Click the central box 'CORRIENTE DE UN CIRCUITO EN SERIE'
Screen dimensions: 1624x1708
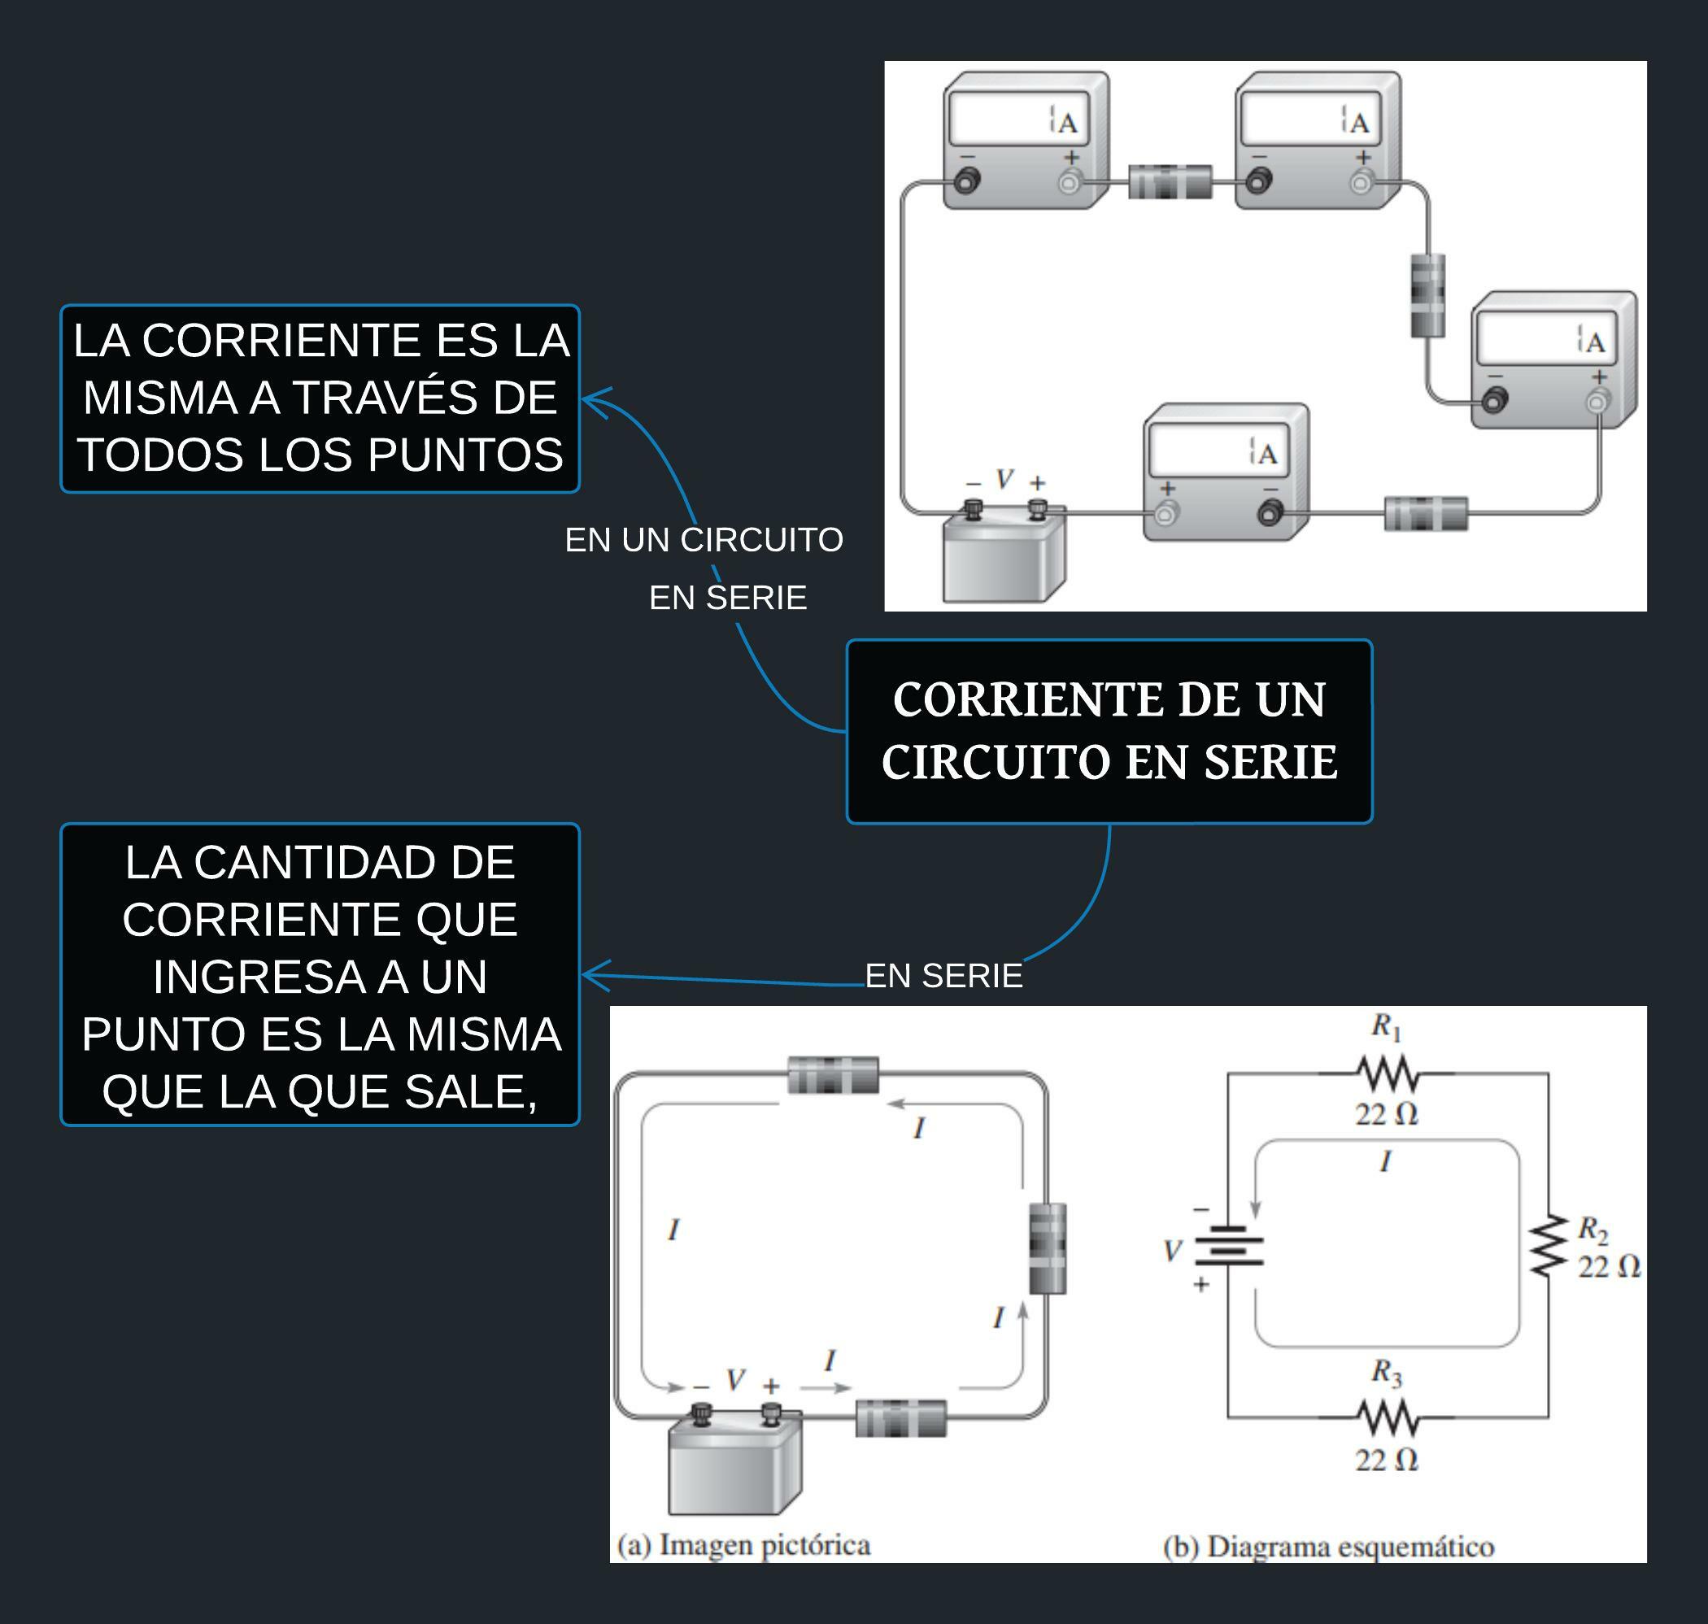pos(1109,732)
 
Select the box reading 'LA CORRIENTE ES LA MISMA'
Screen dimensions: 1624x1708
pos(320,398)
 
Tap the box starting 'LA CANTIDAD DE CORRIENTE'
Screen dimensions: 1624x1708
pos(320,975)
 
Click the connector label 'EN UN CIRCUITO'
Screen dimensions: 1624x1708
pos(704,540)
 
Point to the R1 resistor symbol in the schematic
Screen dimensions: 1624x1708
pos(1387,1074)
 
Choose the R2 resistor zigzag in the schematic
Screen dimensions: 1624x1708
pos(1549,1246)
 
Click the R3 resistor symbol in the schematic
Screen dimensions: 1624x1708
pos(1387,1417)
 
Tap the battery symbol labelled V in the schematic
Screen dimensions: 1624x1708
pos(1228,1246)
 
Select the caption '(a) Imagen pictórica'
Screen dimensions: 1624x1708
pos(743,1546)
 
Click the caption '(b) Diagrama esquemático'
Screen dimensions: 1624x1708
pos(1328,1547)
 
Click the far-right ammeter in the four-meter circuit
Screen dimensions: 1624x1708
pos(1554,359)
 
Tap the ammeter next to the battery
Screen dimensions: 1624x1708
pos(1226,472)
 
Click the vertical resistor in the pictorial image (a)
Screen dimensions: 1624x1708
pos(1048,1248)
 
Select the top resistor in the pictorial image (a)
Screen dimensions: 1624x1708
pos(833,1075)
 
